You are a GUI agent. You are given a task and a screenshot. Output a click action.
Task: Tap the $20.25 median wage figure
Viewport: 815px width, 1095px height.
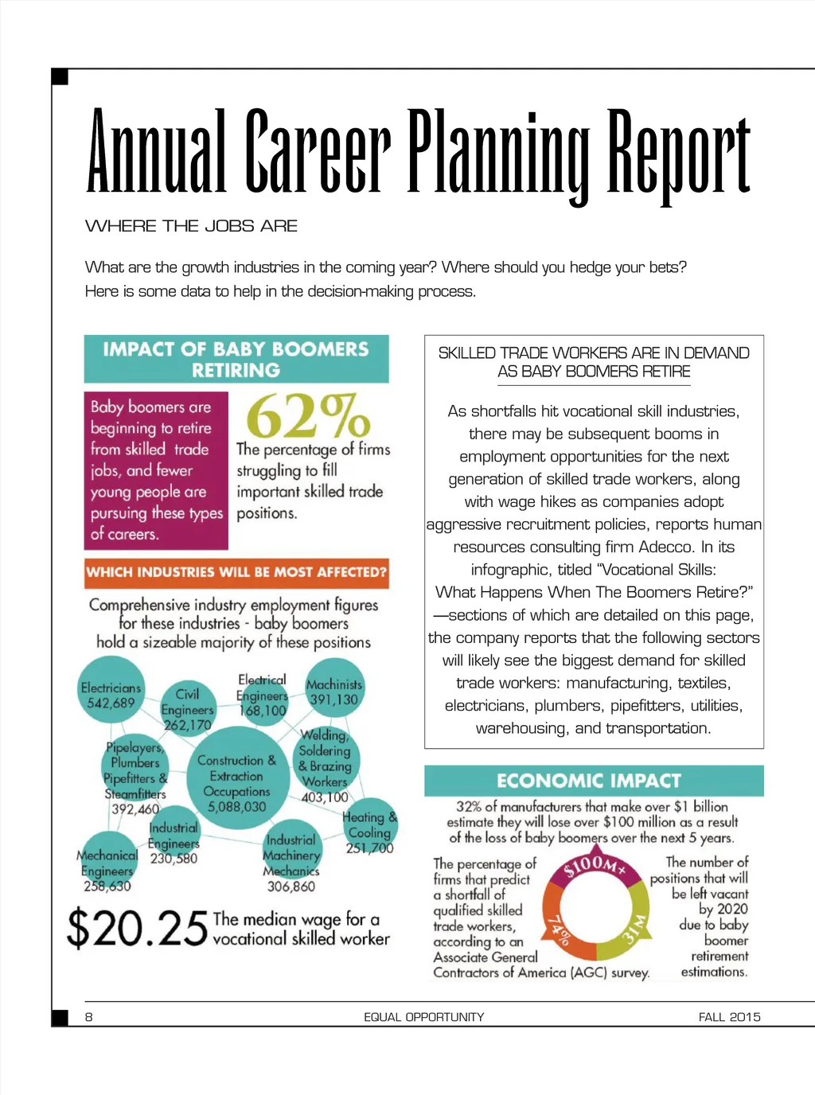point(137,928)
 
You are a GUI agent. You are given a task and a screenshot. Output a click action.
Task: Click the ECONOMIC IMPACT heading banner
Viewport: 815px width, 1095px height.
point(593,781)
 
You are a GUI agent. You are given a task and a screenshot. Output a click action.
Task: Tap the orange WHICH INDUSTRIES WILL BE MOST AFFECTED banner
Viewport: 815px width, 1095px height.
point(236,572)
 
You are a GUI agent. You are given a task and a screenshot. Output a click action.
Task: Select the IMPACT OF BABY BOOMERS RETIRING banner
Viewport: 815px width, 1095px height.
point(236,359)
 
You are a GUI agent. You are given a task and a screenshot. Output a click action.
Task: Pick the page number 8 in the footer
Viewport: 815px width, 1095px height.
point(89,1016)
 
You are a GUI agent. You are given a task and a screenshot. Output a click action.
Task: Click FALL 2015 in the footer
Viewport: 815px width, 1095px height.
point(729,1016)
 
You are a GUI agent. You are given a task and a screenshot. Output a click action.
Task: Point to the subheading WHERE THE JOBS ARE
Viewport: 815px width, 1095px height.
point(191,226)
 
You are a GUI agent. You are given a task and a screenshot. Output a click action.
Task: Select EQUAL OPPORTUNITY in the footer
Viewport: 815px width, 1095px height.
point(423,1016)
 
